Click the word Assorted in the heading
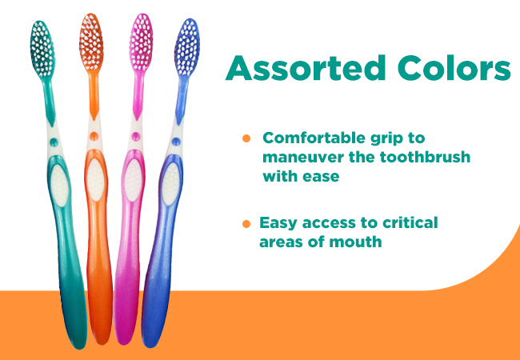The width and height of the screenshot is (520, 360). [x=305, y=68]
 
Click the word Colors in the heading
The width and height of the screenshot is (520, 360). [x=454, y=68]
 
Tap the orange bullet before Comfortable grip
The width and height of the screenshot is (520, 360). [x=246, y=138]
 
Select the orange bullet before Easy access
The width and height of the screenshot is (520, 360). [x=246, y=224]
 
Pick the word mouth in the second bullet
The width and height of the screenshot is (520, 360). [x=355, y=242]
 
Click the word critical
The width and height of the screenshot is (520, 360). [x=410, y=222]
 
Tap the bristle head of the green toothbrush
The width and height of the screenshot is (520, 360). [x=42, y=49]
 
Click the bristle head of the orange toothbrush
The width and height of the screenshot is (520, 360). [x=91, y=42]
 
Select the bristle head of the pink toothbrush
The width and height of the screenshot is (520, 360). [x=141, y=42]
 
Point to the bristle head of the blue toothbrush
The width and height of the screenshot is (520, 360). [x=187, y=47]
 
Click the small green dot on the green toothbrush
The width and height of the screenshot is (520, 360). [x=54, y=142]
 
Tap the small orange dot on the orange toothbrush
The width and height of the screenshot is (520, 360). [x=94, y=136]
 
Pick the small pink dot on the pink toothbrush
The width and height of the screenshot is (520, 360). [x=136, y=136]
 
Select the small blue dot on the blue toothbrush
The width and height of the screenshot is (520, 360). [x=176, y=142]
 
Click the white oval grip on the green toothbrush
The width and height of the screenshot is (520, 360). [x=60, y=186]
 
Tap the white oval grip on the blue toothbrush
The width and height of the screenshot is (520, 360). [x=170, y=184]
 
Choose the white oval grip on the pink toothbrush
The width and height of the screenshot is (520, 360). [x=134, y=180]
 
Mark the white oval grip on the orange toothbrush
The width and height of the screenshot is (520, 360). [x=95, y=180]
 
